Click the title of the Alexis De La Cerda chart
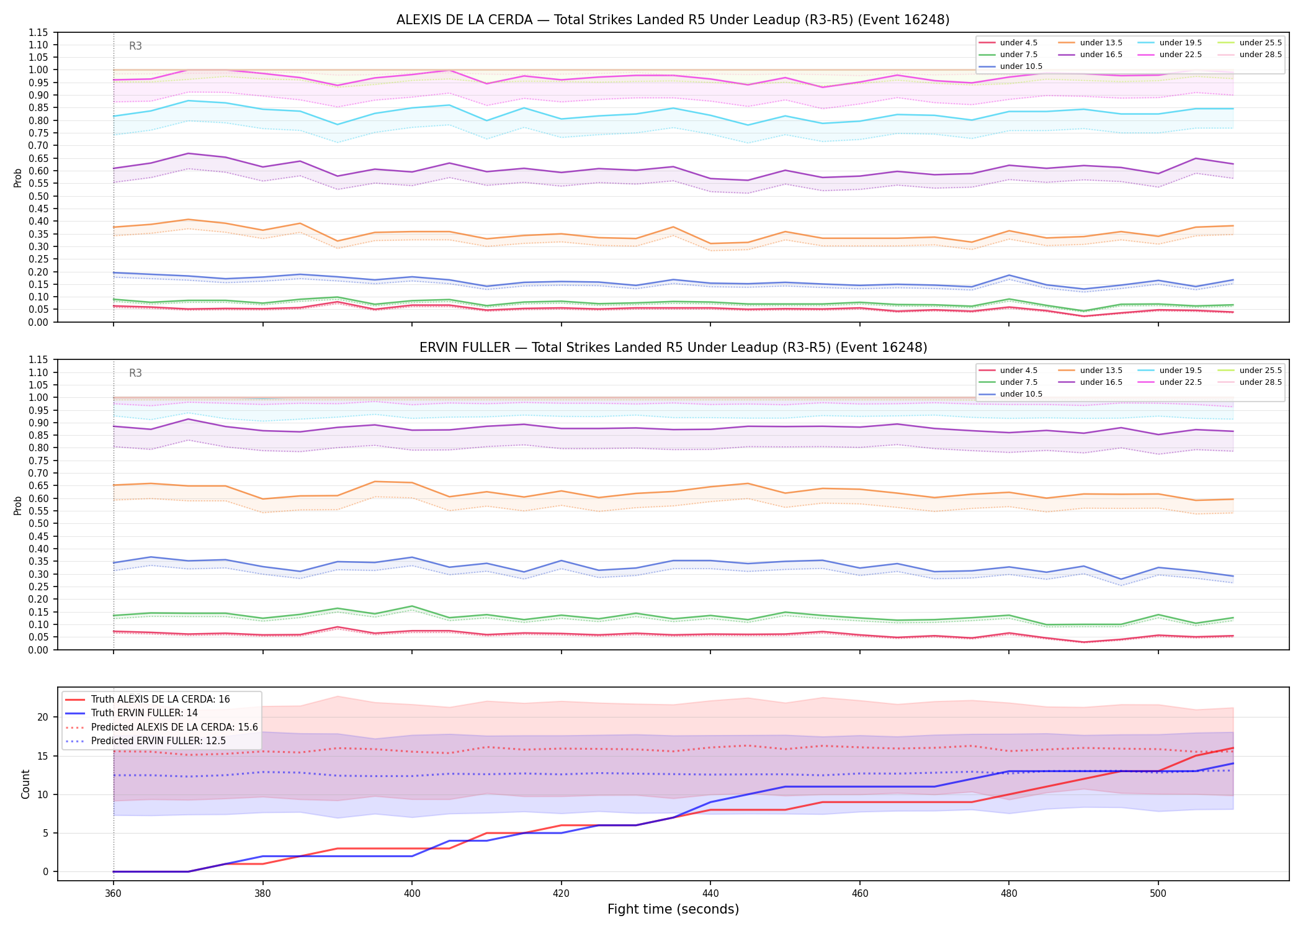point(673,20)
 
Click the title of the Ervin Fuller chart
point(673,348)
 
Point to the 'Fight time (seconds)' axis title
point(673,909)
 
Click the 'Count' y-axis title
point(25,784)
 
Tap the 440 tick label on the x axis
point(710,894)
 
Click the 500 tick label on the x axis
point(1158,894)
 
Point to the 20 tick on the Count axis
point(43,717)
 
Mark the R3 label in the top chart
point(135,46)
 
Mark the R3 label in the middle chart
point(135,373)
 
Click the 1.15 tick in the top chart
point(38,32)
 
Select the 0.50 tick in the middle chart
point(38,524)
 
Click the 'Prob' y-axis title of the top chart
point(18,178)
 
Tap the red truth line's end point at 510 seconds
point(1233,748)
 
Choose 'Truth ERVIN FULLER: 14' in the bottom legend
point(144,713)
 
